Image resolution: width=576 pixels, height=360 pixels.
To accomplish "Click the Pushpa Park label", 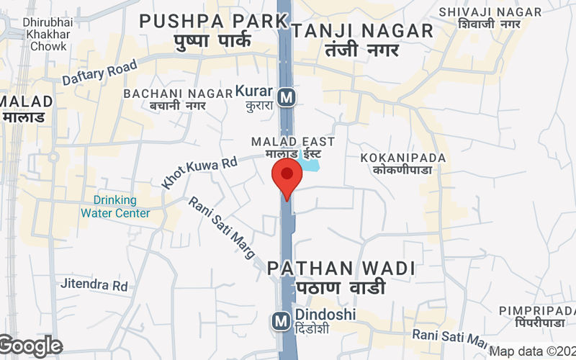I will point(213,30).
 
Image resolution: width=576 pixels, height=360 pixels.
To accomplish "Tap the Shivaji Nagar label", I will point(490,18).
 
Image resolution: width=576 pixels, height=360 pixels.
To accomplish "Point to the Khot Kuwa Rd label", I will point(199,174).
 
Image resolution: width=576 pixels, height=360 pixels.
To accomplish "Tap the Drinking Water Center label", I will point(115,206).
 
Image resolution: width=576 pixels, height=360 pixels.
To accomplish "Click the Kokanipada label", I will point(403,163).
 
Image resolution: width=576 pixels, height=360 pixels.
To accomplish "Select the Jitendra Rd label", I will point(94,285).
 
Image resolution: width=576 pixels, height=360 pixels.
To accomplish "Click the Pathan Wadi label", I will point(341,277).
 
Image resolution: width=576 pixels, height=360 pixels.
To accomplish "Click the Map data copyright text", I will point(532,351).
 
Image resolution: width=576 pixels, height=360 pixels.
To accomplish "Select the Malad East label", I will point(292,148).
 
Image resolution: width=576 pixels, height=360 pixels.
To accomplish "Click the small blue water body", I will point(310,165).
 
